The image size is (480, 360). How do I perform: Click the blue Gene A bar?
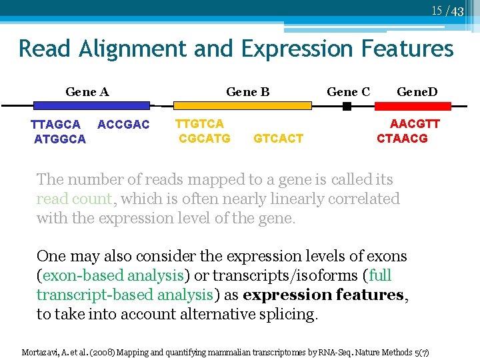tap(91, 105)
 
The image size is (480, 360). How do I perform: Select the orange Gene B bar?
tap(242, 105)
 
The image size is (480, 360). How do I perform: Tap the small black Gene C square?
tap(347, 105)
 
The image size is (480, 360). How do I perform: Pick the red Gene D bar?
tap(413, 105)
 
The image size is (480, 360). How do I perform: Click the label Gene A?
tap(87, 91)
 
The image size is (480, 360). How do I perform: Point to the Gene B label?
tap(248, 91)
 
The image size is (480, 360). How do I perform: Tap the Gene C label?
tap(348, 91)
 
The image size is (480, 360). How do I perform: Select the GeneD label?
tap(417, 91)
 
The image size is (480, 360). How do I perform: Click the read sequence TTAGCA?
tap(56, 125)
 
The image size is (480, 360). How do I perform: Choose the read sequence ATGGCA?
tap(60, 139)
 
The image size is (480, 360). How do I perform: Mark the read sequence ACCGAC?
tap(123, 125)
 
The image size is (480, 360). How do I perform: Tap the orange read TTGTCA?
tap(199, 123)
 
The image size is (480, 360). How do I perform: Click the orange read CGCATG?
tap(205, 138)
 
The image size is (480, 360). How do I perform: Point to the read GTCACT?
tap(279, 138)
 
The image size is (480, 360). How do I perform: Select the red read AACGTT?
tap(415, 123)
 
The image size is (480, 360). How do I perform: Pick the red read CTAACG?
tap(402, 138)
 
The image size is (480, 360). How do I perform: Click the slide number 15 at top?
tap(437, 10)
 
